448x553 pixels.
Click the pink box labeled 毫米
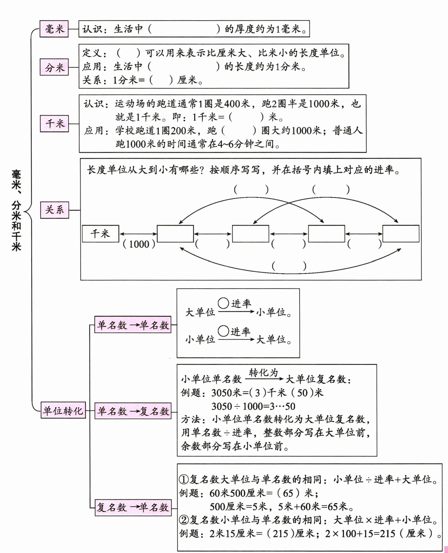tap(54, 29)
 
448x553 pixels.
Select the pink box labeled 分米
tap(54, 67)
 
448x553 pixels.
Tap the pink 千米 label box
tap(54, 124)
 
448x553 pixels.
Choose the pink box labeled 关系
tap(55, 210)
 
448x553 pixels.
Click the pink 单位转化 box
tap(63, 411)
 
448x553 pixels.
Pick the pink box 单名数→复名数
tap(133, 411)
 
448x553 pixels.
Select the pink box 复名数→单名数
tap(133, 507)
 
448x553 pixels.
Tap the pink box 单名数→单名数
tap(133, 325)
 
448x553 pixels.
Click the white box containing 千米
tap(100, 234)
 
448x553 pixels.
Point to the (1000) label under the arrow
tap(139, 244)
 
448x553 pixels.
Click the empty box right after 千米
tap(175, 234)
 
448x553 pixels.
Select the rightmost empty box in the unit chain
tap(401, 234)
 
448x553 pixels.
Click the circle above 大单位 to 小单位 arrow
tap(223, 303)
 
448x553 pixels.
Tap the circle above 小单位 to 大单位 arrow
tap(223, 331)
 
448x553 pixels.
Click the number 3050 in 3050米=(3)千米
tap(222, 393)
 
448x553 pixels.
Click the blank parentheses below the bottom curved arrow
tap(289, 266)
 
